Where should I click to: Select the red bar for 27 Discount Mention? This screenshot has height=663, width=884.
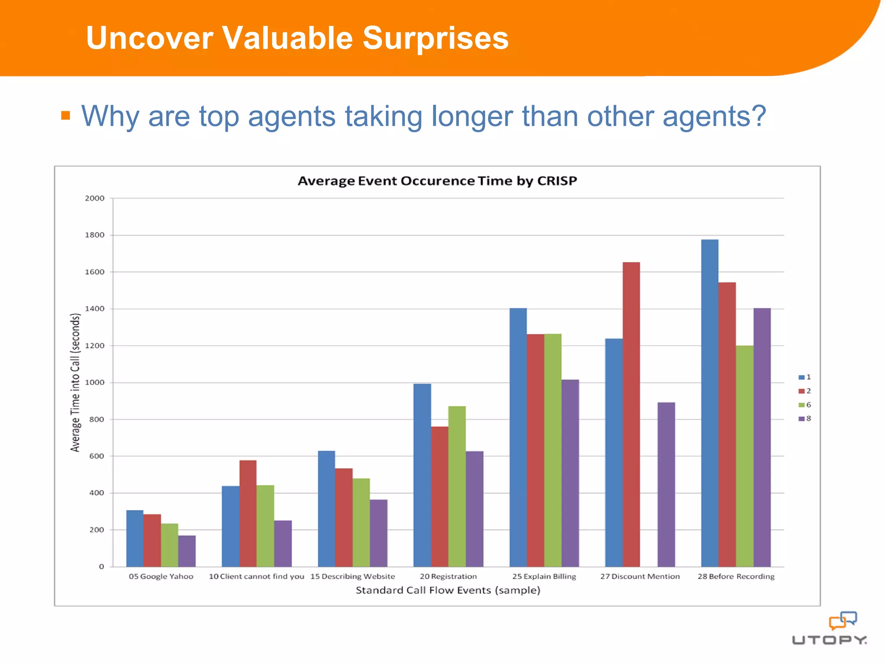pos(631,414)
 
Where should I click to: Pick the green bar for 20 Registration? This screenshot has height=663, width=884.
pos(457,486)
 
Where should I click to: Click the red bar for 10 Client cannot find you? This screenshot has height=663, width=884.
pos(248,513)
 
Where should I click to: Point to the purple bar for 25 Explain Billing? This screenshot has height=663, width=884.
pos(570,473)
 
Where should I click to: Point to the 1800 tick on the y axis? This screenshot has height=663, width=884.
pos(95,235)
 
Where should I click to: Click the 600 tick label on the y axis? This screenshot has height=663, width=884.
pos(97,456)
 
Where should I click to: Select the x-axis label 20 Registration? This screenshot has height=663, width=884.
pos(448,577)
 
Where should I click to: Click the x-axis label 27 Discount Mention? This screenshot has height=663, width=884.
pos(640,577)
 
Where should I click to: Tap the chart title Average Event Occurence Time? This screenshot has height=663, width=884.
pos(437,181)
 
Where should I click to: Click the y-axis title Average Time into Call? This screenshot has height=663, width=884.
pos(75,382)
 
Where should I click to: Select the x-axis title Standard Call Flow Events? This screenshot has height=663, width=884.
pos(448,590)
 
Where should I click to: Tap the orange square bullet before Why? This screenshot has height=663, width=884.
pos(66,115)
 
